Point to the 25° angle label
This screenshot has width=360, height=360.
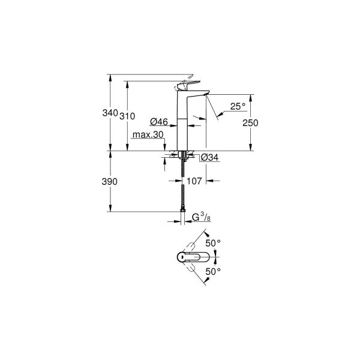[x=238, y=106]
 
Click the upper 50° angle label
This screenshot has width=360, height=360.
[x=214, y=242]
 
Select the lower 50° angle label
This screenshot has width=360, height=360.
[x=214, y=271]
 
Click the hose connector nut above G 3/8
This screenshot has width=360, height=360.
[x=182, y=211]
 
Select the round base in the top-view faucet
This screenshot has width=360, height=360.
[x=183, y=257]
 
